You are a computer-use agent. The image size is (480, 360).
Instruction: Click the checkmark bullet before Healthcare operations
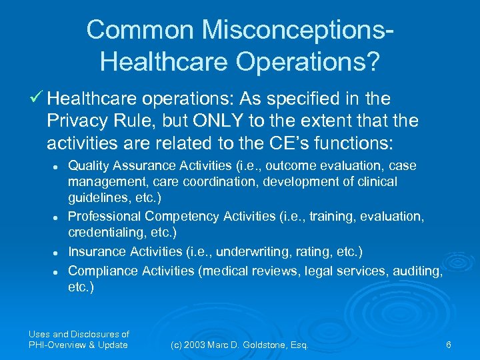(38, 100)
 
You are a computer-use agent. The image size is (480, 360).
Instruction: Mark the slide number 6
(449, 345)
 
